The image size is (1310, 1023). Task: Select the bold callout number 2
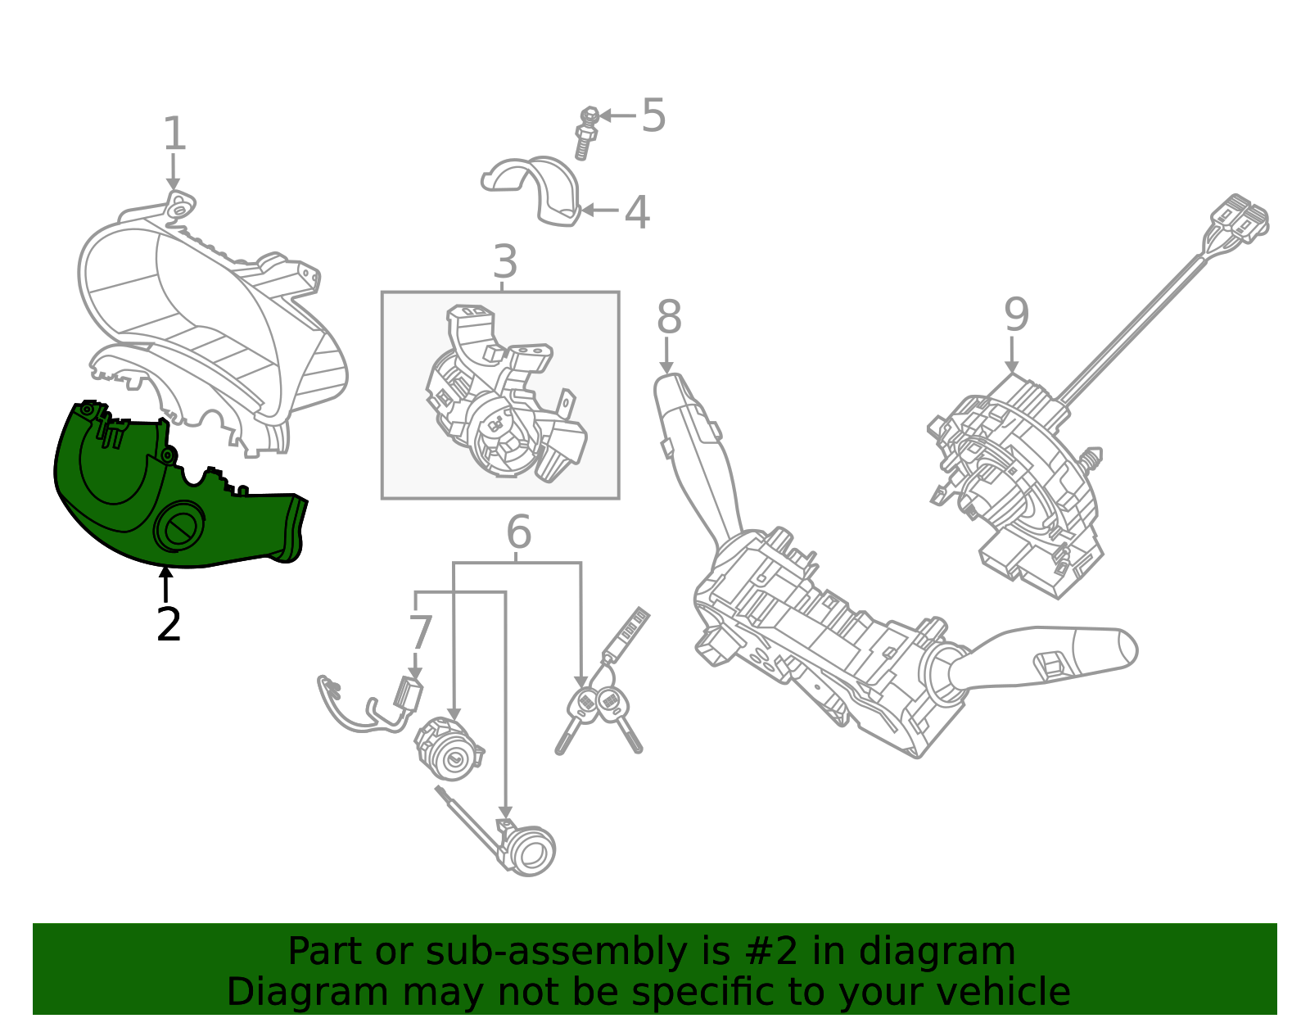(x=168, y=625)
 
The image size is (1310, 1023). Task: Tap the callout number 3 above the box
(x=505, y=262)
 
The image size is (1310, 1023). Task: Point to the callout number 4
(x=637, y=213)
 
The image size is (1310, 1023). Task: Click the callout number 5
(x=653, y=115)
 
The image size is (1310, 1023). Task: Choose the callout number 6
(x=518, y=533)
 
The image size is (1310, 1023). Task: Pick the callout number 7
(x=420, y=633)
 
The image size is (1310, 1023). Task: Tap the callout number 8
(x=669, y=317)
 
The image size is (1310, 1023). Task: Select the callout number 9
(x=1016, y=315)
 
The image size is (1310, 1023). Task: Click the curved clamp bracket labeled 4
(x=536, y=189)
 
